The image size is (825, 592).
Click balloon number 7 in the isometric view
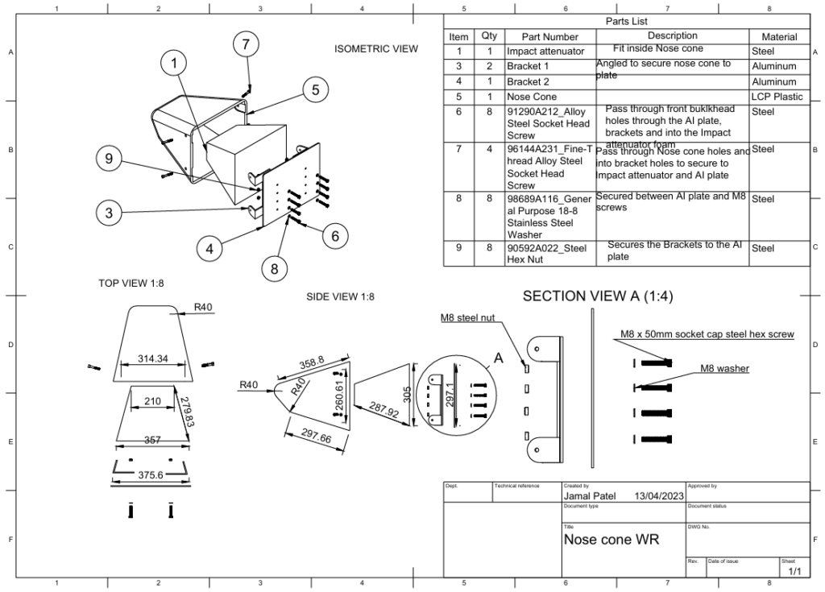coord(247,45)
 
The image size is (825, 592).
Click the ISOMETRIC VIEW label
coord(376,49)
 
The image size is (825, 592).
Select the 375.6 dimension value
coord(150,475)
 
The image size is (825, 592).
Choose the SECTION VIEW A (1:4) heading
coord(598,296)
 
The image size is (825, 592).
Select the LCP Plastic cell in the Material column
coord(777,97)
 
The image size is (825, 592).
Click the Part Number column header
coord(549,36)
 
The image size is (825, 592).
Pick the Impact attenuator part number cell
coord(545,51)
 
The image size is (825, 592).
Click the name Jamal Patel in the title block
coord(590,496)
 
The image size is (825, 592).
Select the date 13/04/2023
coord(659,496)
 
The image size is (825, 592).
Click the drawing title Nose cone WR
coord(611,539)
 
